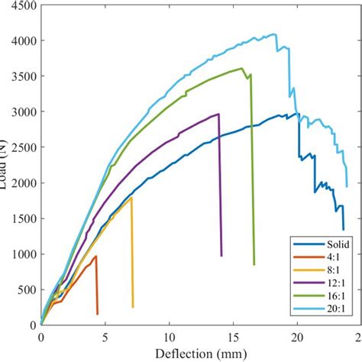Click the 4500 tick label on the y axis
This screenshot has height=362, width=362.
[18, 6]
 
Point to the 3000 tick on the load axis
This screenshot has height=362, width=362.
[18, 112]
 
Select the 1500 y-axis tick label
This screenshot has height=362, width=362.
[18, 218]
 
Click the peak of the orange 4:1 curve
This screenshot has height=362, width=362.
[96, 256]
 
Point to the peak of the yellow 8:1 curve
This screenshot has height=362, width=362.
[131, 198]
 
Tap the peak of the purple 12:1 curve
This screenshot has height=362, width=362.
[218, 115]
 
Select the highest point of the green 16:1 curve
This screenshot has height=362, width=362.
[242, 68]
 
